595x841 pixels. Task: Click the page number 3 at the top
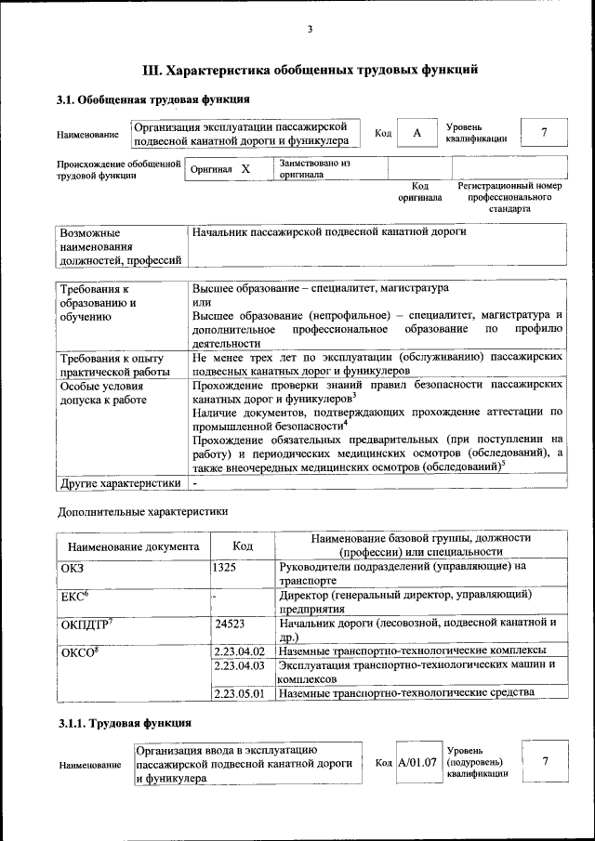pyautogui.click(x=310, y=30)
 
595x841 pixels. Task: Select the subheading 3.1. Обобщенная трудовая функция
pyautogui.click(x=152, y=99)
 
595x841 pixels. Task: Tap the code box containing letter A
pyautogui.click(x=417, y=133)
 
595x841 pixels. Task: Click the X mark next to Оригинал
pyautogui.click(x=245, y=169)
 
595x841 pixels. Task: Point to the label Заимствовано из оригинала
pyautogui.click(x=315, y=168)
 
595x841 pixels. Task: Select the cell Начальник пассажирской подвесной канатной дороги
pyautogui.click(x=328, y=231)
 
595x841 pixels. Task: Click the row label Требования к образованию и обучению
pyautogui.click(x=99, y=303)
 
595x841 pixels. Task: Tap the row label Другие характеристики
pyautogui.click(x=119, y=483)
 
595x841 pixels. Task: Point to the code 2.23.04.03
pyautogui.click(x=240, y=665)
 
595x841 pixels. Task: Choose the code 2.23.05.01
pyautogui.click(x=240, y=692)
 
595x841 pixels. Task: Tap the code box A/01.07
pyautogui.click(x=417, y=762)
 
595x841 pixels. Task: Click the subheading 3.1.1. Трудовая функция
pyautogui.click(x=125, y=722)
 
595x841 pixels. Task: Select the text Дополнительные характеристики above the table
pyautogui.click(x=142, y=510)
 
